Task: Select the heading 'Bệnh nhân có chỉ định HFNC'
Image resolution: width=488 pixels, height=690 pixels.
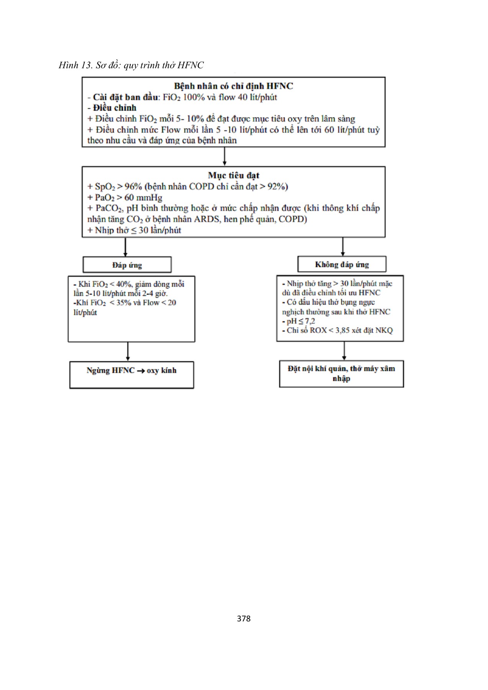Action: [x=233, y=86]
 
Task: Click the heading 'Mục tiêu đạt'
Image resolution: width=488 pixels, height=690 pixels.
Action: [x=233, y=176]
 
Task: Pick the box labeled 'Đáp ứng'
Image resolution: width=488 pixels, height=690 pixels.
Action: [x=127, y=265]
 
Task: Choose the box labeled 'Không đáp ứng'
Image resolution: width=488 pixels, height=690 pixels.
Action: [x=342, y=264]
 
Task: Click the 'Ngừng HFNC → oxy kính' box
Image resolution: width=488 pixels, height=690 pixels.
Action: [x=131, y=375]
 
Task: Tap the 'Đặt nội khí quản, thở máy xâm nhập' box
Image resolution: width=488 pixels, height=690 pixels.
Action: [x=341, y=374]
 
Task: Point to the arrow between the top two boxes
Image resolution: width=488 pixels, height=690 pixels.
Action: [x=224, y=157]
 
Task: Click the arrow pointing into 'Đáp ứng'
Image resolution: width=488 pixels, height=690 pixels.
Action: [x=125, y=247]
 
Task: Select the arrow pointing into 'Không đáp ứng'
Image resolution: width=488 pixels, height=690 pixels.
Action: [x=343, y=247]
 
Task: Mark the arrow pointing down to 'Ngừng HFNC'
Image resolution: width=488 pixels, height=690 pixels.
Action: [x=128, y=352]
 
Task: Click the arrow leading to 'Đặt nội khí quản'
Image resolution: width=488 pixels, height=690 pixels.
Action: [x=344, y=351]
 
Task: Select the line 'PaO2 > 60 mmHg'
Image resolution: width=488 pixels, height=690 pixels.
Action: [x=125, y=198]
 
